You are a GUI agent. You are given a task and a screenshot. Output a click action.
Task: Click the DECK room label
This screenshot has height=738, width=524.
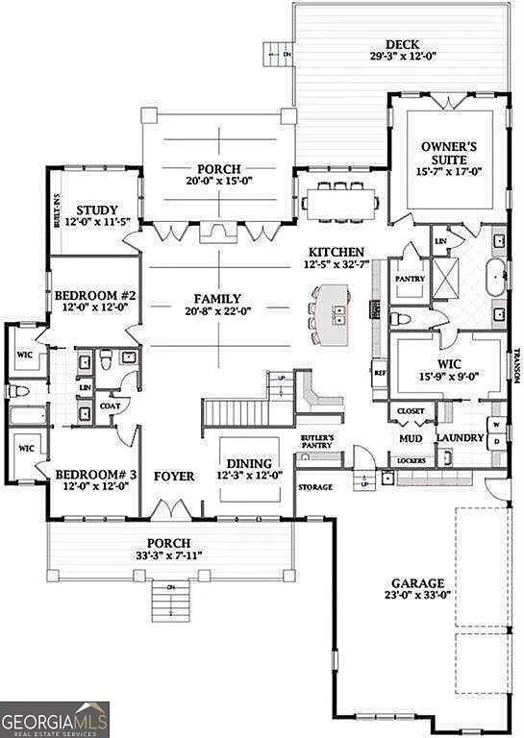click(x=402, y=44)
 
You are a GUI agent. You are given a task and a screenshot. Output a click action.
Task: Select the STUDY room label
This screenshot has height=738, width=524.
click(x=98, y=210)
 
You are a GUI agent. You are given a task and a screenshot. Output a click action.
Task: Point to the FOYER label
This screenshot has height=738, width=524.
click(x=173, y=476)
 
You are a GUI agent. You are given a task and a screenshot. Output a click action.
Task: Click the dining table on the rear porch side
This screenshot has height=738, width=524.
click(x=340, y=203)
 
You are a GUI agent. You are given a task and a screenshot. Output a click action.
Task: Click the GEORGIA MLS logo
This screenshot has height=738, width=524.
click(x=55, y=719)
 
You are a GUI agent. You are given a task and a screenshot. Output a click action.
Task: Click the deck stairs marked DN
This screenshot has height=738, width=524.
click(x=278, y=53)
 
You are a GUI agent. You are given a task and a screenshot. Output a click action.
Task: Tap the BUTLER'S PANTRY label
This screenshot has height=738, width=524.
click(x=317, y=442)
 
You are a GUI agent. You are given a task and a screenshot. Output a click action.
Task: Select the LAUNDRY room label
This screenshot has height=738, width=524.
click(x=460, y=439)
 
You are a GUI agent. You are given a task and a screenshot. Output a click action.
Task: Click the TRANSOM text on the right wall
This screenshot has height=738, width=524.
click(x=516, y=365)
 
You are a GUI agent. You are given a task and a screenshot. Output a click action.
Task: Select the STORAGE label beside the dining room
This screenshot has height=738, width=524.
click(x=314, y=487)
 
